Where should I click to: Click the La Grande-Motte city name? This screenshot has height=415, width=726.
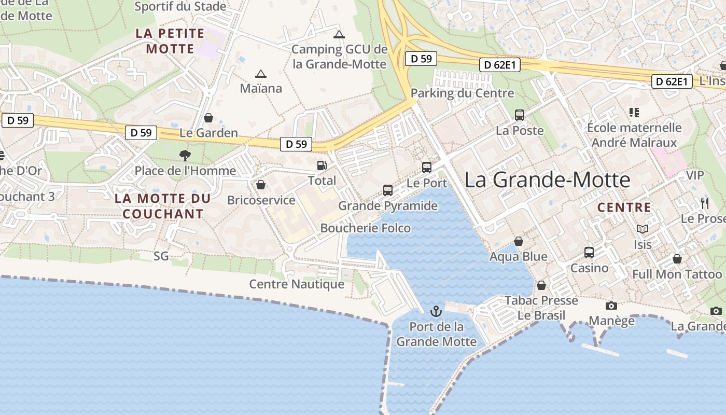click(547, 179)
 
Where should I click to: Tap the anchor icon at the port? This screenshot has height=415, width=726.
click(436, 311)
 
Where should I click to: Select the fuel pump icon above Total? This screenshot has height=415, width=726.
click(322, 165)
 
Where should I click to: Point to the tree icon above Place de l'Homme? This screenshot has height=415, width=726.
click(185, 155)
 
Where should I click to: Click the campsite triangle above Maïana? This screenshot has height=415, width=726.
click(261, 74)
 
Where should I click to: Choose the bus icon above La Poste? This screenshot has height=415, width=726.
click(520, 115)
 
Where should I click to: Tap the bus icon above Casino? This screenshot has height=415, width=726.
click(589, 253)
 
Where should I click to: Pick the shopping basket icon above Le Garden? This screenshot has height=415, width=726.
click(208, 118)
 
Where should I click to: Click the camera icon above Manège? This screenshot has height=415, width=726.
click(612, 306)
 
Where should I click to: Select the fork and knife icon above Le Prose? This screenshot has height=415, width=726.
click(704, 203)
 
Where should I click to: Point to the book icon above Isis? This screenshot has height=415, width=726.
click(643, 229)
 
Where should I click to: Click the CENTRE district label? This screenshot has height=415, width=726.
click(624, 208)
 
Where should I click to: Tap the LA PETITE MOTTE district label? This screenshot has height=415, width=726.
click(170, 41)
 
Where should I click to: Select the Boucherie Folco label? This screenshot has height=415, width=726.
click(365, 228)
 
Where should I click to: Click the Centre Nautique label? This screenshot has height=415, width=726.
click(297, 284)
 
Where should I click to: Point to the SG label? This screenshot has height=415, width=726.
click(161, 256)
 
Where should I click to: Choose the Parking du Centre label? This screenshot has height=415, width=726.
click(462, 93)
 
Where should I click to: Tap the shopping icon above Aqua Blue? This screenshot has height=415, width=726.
click(519, 241)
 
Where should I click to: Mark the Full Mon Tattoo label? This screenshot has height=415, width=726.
click(677, 274)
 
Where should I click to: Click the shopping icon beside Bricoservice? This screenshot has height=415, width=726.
click(261, 185)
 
